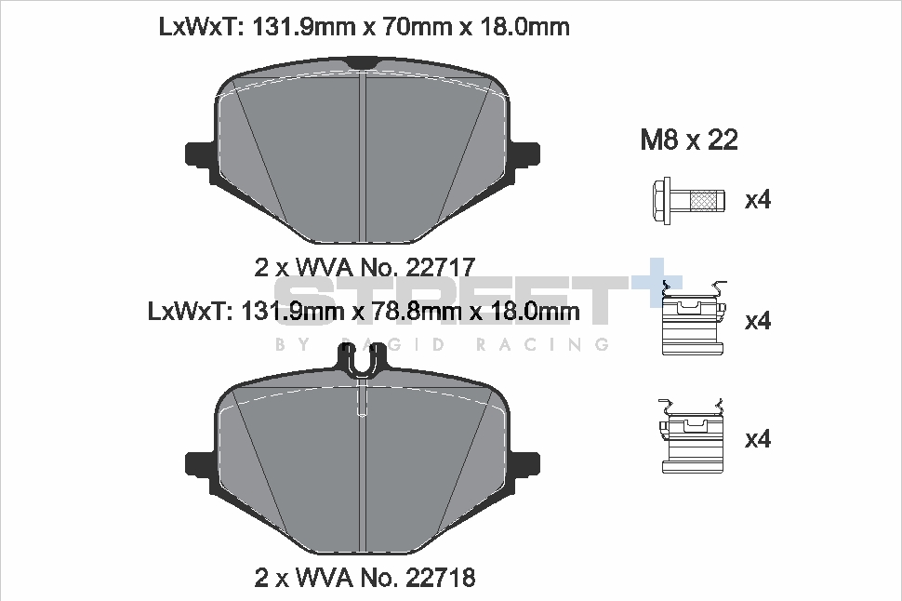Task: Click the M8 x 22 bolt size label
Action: (688, 140)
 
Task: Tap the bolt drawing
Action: (688, 200)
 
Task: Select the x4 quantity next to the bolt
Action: (758, 200)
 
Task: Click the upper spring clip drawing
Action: (693, 318)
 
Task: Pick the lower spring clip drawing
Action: (691, 436)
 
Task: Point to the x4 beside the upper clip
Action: (758, 321)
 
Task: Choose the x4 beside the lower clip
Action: (758, 439)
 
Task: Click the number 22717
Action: (441, 267)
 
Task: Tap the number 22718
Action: (441, 578)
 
